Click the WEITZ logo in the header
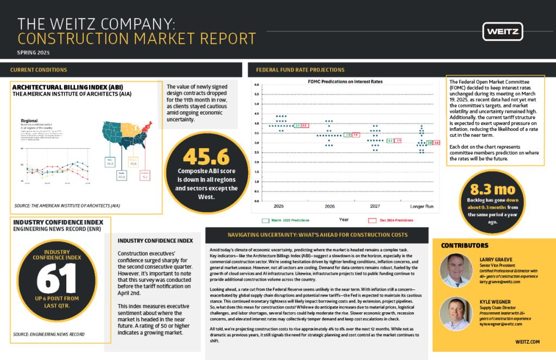tap(503, 31)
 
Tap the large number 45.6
tap(202, 156)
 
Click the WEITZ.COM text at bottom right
tap(527, 342)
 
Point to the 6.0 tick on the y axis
tap(257, 85)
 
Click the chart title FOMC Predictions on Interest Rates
tap(342, 81)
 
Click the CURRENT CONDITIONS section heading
tap(39, 70)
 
